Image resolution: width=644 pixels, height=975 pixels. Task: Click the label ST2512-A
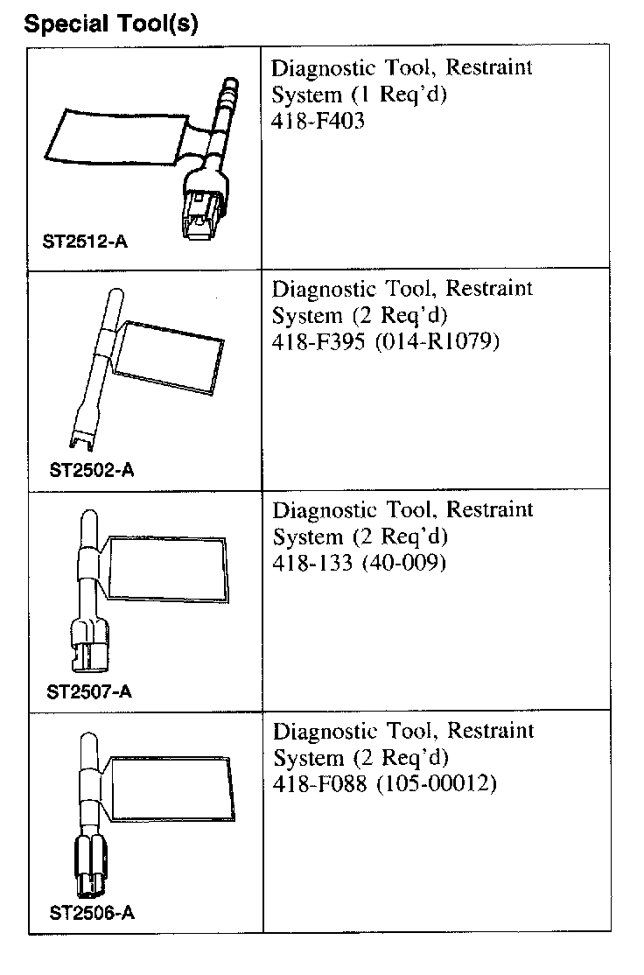pyautogui.click(x=85, y=241)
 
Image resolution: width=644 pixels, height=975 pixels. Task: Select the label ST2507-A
pyautogui.click(x=89, y=691)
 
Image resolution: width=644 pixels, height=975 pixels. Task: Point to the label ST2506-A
pyautogui.click(x=92, y=914)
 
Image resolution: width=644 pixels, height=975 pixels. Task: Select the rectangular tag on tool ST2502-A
pyautogui.click(x=171, y=354)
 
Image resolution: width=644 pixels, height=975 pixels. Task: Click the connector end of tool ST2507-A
pyautogui.click(x=88, y=643)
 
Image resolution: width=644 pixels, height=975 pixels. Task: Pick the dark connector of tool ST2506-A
pyautogui.click(x=89, y=868)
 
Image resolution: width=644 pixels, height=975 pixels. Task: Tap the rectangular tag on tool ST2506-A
pyautogui.click(x=170, y=789)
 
